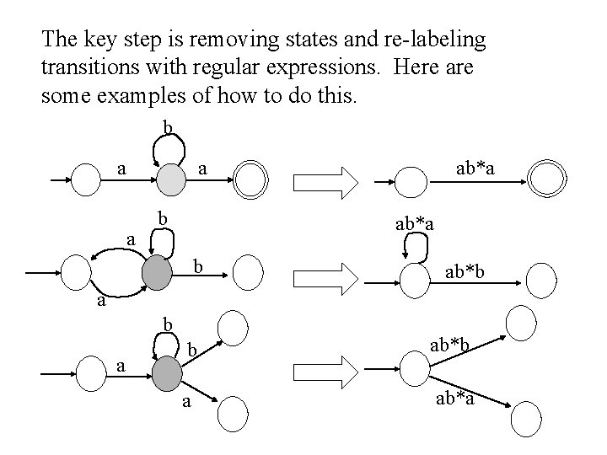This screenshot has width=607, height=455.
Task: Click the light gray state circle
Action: click(169, 179)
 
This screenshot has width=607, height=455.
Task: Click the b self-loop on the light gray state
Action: click(169, 147)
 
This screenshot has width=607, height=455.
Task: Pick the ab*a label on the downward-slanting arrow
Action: click(455, 398)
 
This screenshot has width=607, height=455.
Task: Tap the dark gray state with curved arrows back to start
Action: click(158, 271)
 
